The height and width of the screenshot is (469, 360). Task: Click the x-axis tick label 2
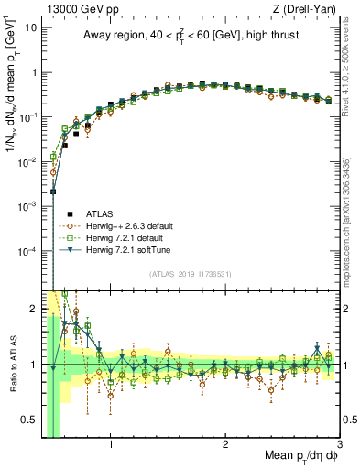click(x=225, y=447)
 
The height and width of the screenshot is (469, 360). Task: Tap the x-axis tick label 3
click(x=340, y=447)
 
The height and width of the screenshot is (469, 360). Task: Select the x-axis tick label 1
click(x=111, y=447)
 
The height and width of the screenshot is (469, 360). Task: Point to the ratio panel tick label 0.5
click(x=29, y=420)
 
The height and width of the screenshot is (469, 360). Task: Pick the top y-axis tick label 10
click(x=29, y=27)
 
